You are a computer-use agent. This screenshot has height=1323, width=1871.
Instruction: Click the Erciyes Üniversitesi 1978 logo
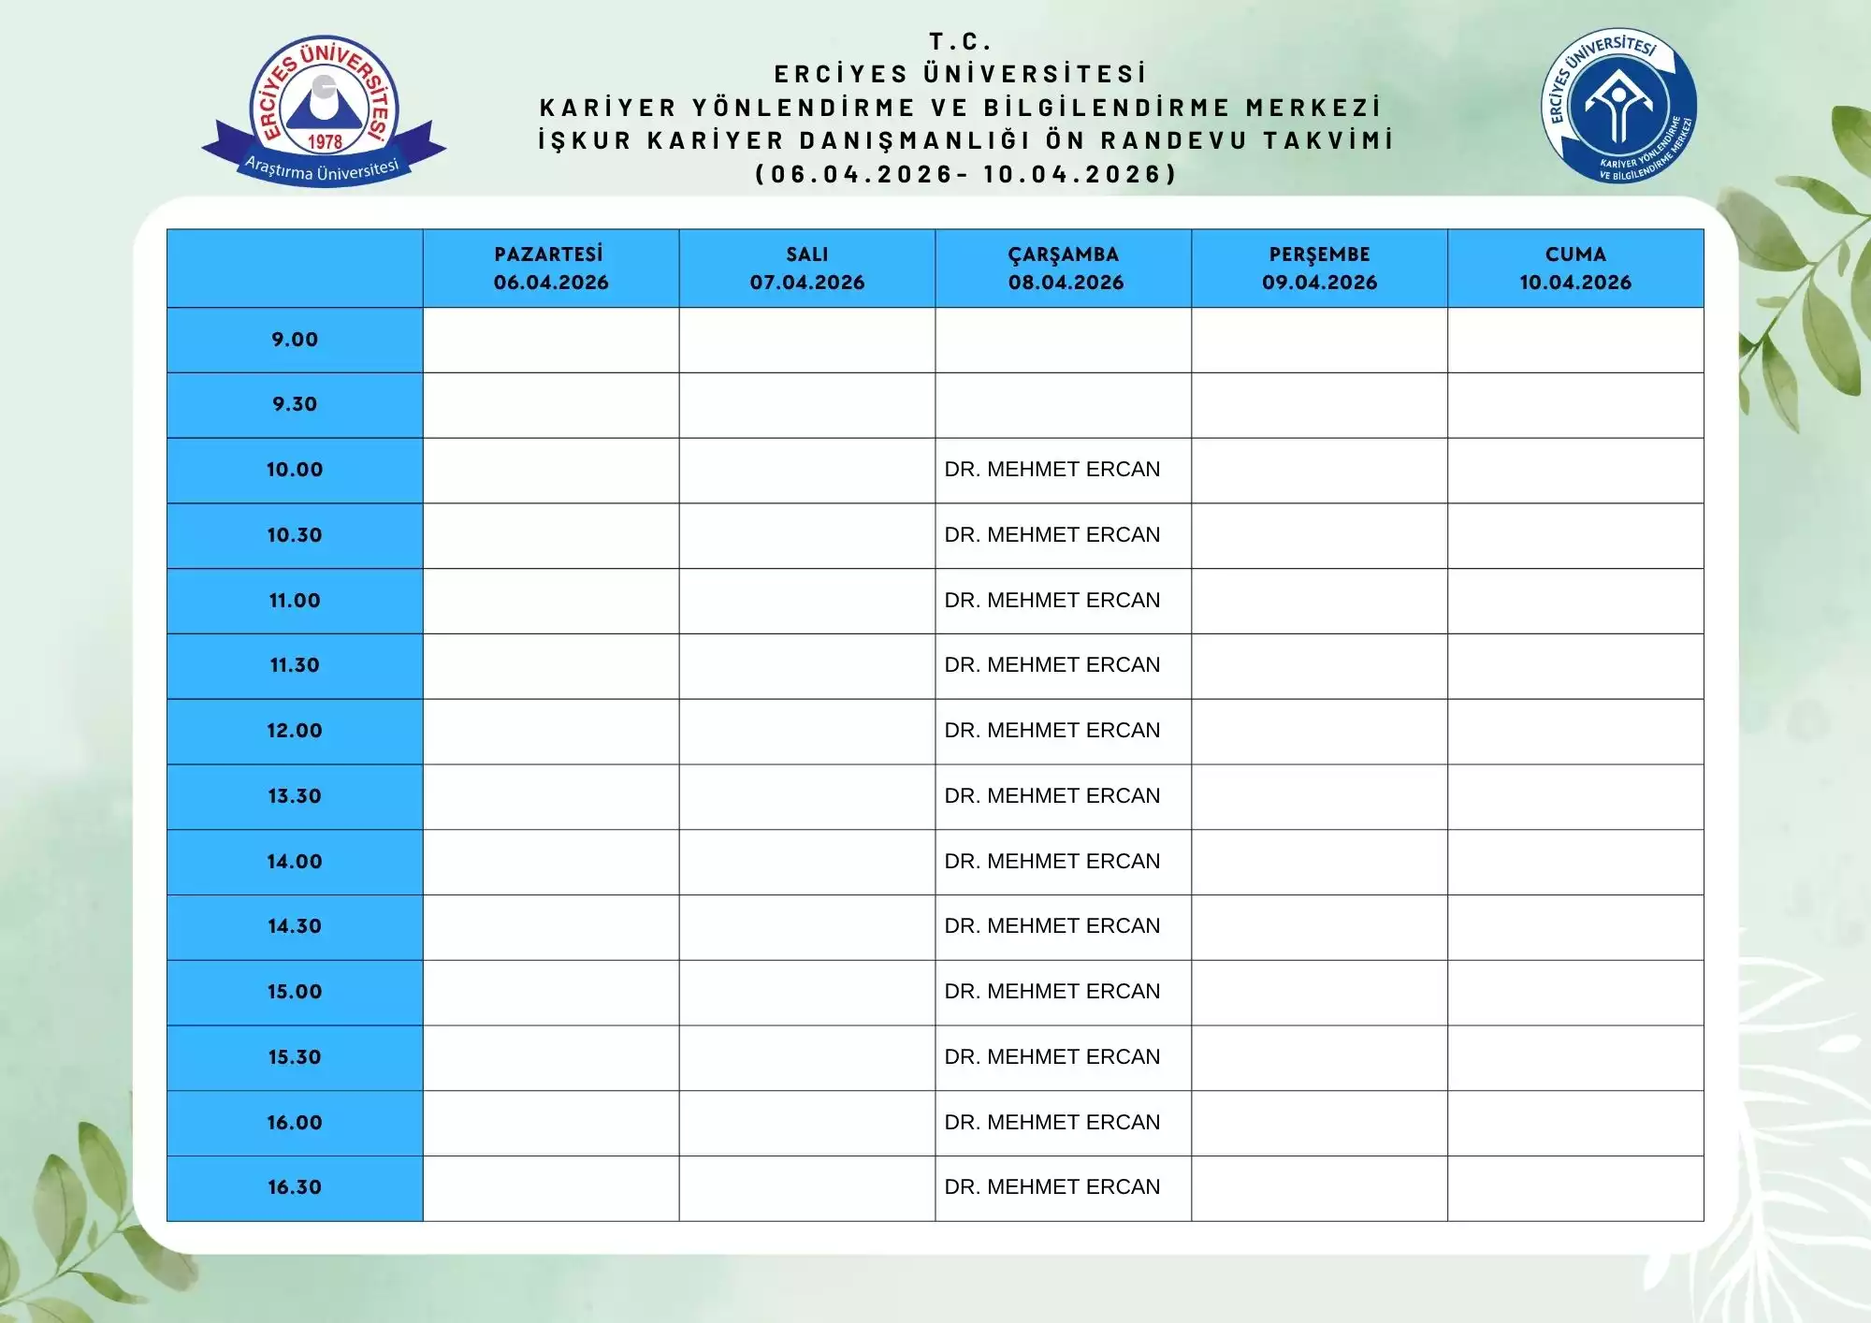(x=324, y=110)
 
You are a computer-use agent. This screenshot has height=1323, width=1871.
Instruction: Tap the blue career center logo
(x=1618, y=106)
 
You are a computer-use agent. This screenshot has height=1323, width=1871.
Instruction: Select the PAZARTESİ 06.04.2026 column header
(x=550, y=269)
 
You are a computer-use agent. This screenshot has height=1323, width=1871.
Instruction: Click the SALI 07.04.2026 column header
(x=806, y=269)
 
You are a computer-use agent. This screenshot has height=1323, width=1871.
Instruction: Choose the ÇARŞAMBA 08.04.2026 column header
(x=1065, y=269)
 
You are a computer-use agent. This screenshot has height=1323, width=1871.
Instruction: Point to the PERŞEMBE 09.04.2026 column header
(x=1319, y=269)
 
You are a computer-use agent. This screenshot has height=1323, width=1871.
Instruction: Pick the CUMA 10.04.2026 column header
(x=1575, y=269)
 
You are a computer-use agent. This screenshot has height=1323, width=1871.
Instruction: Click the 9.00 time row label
(x=295, y=340)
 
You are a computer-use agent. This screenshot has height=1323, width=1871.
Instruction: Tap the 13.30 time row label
(x=295, y=796)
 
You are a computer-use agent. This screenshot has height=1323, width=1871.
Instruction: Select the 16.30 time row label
(x=295, y=1187)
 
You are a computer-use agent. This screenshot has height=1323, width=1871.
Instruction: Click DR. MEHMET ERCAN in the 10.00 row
(x=1052, y=470)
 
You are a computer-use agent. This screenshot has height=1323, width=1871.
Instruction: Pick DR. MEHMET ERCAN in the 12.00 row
(x=1052, y=731)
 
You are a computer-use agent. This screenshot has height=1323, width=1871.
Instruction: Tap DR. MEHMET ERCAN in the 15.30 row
(x=1052, y=1057)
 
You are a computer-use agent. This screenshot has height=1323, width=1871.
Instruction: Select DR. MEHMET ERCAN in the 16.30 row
(x=1052, y=1187)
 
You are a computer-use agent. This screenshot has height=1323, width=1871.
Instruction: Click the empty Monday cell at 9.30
(x=550, y=405)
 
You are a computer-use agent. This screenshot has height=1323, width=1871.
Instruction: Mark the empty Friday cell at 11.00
(x=1575, y=601)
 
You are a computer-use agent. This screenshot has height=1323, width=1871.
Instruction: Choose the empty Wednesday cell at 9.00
(x=1063, y=340)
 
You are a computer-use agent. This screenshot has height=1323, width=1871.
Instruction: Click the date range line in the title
(x=965, y=174)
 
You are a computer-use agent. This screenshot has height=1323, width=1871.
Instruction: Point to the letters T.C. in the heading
(x=960, y=41)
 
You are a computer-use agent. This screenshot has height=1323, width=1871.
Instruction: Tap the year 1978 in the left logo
(x=325, y=142)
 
